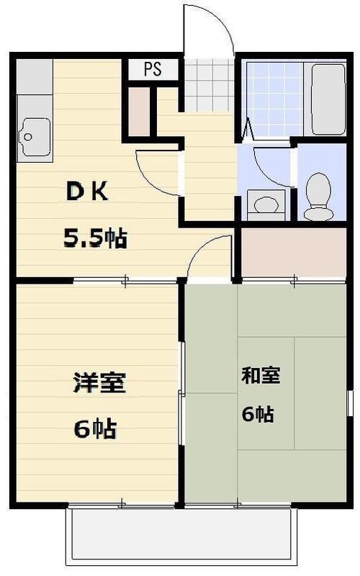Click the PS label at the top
(152, 70)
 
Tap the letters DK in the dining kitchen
(88, 192)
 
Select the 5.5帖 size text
(96, 238)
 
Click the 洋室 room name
(99, 382)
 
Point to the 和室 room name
(260, 375)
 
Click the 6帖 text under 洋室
(95, 430)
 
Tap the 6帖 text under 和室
(257, 414)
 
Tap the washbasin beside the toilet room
(266, 204)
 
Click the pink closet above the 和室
(292, 253)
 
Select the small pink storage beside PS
(140, 112)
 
